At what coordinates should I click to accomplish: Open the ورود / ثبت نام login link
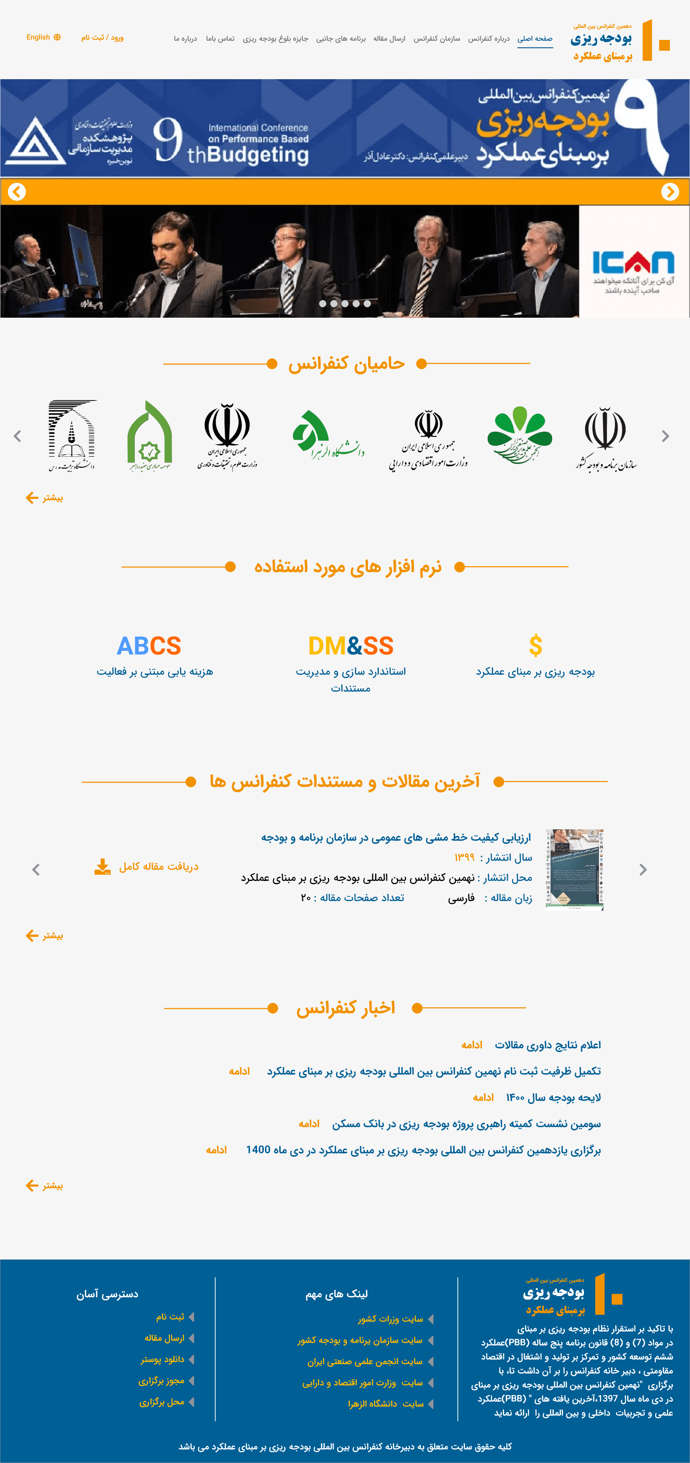pyautogui.click(x=102, y=37)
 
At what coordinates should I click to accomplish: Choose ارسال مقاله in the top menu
pyautogui.click(x=389, y=38)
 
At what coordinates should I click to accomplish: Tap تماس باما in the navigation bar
pyautogui.click(x=220, y=38)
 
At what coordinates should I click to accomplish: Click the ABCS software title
pyautogui.click(x=149, y=646)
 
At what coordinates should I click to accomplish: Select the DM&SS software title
pyautogui.click(x=351, y=646)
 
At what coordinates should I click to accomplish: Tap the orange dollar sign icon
pyautogui.click(x=535, y=646)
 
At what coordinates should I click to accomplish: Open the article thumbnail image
pyautogui.click(x=574, y=869)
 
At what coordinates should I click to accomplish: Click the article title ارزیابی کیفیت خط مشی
pyautogui.click(x=396, y=838)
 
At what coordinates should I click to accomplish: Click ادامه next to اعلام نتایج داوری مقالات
pyautogui.click(x=471, y=1045)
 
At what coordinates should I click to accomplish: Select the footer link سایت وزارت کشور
pyautogui.click(x=390, y=1319)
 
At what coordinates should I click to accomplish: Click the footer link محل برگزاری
pyautogui.click(x=162, y=1402)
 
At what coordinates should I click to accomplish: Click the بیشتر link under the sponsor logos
pyautogui.click(x=45, y=498)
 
